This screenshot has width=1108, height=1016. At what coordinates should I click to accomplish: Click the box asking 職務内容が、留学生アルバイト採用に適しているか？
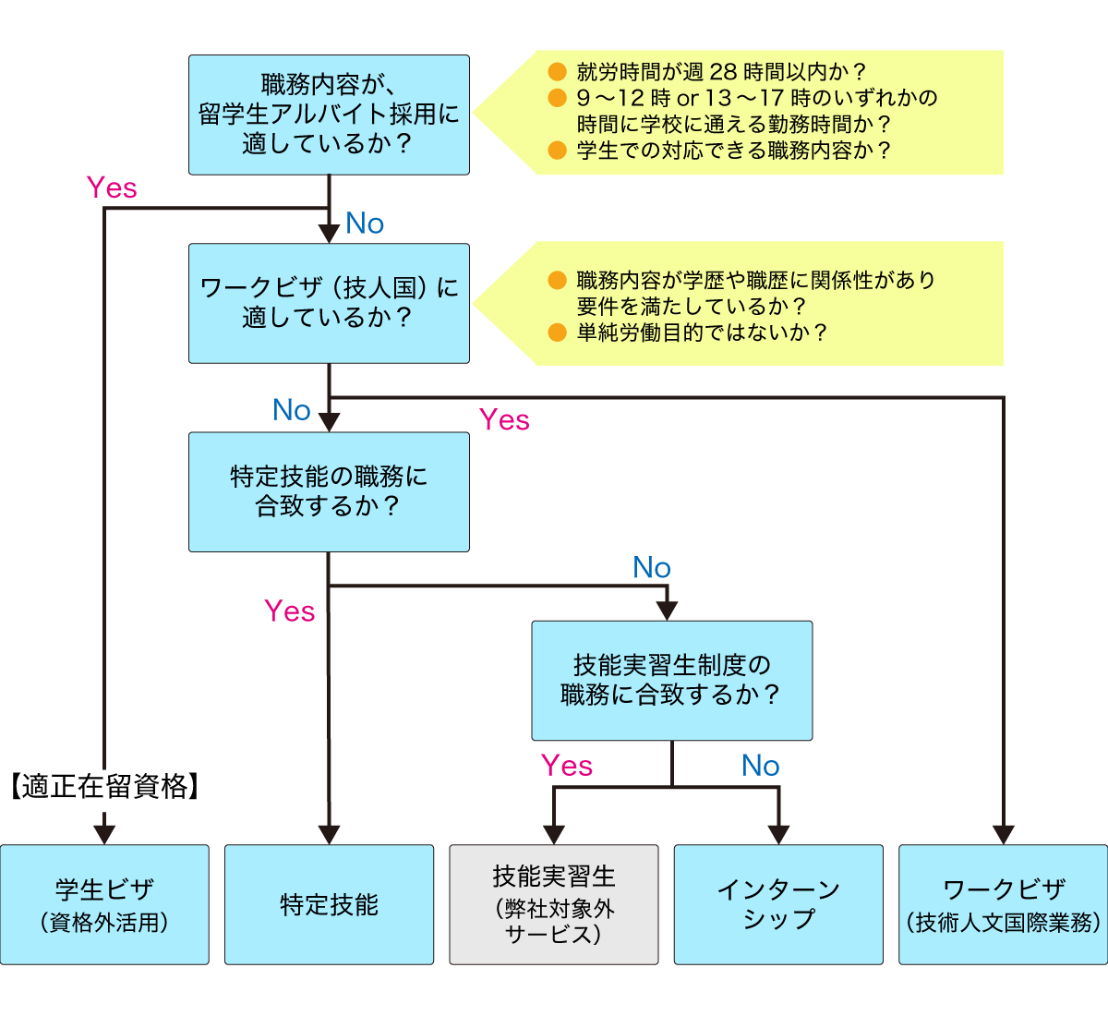coord(329,115)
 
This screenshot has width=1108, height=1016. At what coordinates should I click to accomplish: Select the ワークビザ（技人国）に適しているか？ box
coord(329,303)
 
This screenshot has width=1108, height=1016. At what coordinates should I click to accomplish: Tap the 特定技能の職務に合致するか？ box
coord(329,491)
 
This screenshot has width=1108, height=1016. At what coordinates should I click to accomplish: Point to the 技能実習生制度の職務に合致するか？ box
coord(671,680)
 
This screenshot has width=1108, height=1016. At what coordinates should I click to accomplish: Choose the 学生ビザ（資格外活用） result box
coord(104,904)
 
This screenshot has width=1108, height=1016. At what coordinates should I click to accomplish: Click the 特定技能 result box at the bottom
coord(329,904)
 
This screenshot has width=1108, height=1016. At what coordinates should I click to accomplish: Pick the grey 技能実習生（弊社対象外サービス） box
coord(554,904)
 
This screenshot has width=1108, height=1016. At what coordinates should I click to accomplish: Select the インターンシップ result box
coord(778,904)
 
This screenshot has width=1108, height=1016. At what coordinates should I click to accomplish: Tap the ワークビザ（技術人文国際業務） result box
coord(1003,904)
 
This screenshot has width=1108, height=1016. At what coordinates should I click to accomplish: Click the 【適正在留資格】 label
coord(104,787)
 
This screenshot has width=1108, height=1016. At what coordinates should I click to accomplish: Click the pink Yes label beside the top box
coord(112,187)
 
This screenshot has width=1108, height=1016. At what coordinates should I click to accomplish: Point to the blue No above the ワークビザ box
coord(365,224)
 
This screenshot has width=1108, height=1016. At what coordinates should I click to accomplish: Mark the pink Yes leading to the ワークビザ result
coord(504,420)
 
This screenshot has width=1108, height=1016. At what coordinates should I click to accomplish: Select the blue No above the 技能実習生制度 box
coord(652,568)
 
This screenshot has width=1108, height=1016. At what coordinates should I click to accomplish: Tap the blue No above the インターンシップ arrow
coord(761,766)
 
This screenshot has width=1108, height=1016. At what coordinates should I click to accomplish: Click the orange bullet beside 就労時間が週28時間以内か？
coord(557,72)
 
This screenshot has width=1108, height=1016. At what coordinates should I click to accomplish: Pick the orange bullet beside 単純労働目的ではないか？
coord(557,333)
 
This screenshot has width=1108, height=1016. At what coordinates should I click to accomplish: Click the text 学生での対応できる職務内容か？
coord(734,151)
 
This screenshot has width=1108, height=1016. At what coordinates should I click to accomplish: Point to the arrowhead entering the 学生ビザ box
coord(104,833)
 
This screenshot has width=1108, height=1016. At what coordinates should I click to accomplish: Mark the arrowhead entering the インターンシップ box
coord(778,833)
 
